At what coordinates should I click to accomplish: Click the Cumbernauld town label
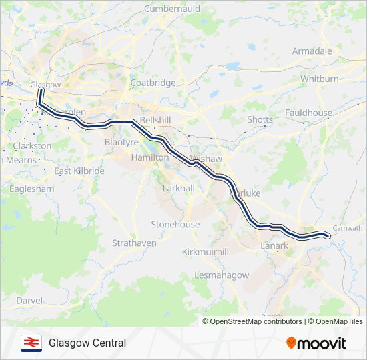point(171,10)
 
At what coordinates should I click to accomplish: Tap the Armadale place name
point(312,51)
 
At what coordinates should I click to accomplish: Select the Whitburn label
point(319,79)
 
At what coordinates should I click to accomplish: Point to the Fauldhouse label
point(308,113)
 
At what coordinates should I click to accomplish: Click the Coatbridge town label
point(153,83)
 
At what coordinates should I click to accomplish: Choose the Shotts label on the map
point(260,119)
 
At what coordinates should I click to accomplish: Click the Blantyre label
point(121,142)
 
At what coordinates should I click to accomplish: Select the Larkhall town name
point(179,189)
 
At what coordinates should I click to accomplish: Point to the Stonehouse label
point(175,225)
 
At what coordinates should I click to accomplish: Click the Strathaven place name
point(134,243)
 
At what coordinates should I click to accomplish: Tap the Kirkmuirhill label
point(206,252)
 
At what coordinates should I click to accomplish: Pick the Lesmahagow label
point(221,275)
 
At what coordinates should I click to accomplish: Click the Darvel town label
point(29,301)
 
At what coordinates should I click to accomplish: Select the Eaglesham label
point(31,189)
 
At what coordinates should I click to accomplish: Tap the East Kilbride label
point(79,171)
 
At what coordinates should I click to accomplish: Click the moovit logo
point(316,343)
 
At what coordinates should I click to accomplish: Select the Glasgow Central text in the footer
point(87,343)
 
